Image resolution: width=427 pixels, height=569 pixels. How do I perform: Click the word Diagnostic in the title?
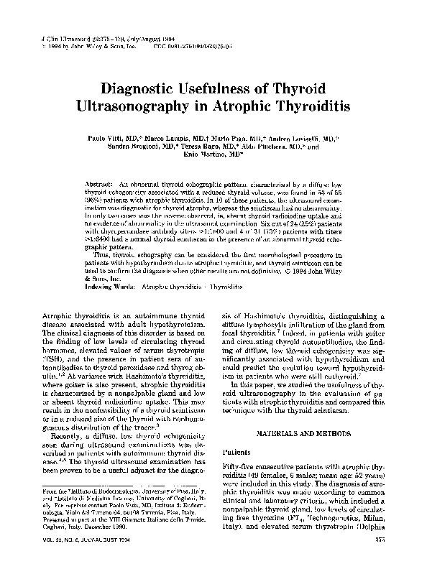pyautogui.click(x=147, y=89)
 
